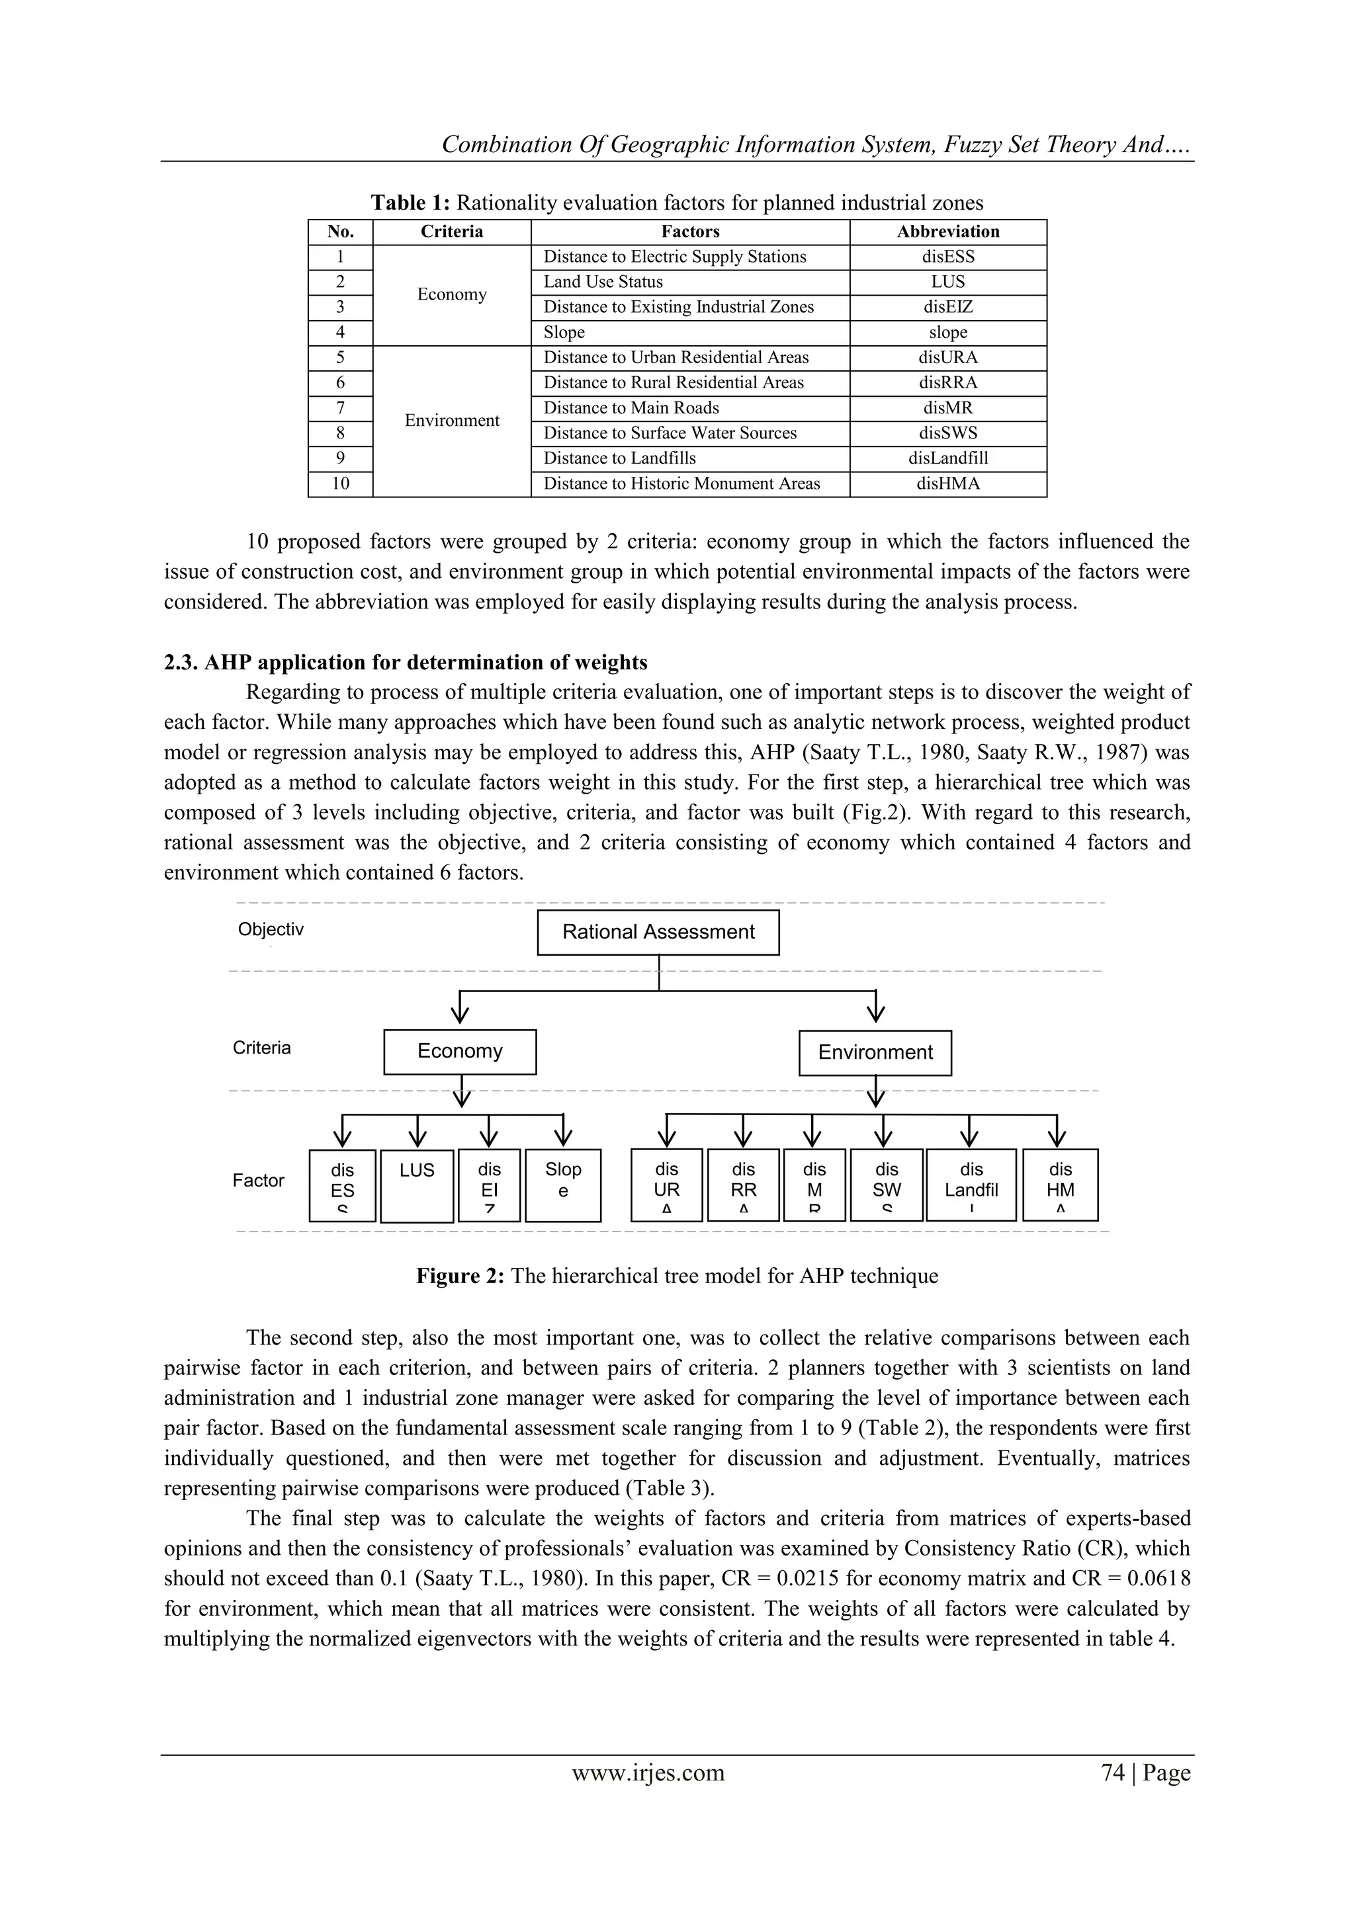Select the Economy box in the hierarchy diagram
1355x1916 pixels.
click(459, 1052)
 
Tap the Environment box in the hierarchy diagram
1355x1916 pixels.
click(874, 1052)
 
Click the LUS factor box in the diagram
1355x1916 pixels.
click(417, 1186)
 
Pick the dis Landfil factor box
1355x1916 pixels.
click(971, 1185)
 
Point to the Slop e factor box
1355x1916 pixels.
click(562, 1185)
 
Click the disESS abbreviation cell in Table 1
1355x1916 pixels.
click(947, 257)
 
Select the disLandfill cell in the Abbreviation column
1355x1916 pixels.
click(947, 458)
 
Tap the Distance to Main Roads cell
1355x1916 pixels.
click(631, 408)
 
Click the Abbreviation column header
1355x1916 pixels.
click(947, 231)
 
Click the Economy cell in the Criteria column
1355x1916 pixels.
click(452, 294)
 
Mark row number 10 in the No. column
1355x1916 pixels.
click(341, 484)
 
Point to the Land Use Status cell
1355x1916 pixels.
click(603, 282)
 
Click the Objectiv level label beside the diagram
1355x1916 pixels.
click(271, 930)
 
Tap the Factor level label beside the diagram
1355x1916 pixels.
click(258, 1180)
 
